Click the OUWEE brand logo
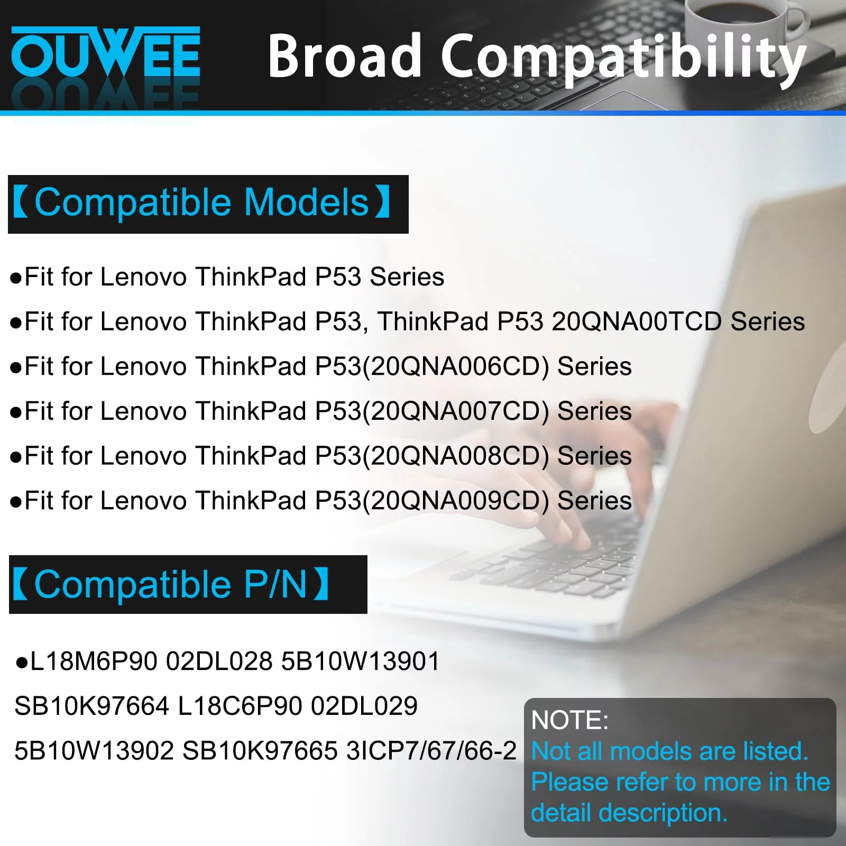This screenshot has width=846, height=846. (x=106, y=53)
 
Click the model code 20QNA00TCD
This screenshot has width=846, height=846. (x=637, y=321)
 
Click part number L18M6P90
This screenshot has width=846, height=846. (x=94, y=661)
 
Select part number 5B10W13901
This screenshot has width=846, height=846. (x=360, y=661)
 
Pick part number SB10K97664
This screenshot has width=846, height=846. (x=91, y=706)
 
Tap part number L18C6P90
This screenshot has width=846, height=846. (x=240, y=706)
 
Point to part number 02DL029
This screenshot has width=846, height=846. (x=364, y=706)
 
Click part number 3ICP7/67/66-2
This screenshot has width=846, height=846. (x=431, y=751)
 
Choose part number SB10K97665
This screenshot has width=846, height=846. (x=260, y=751)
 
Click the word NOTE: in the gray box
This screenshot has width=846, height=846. (x=570, y=720)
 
